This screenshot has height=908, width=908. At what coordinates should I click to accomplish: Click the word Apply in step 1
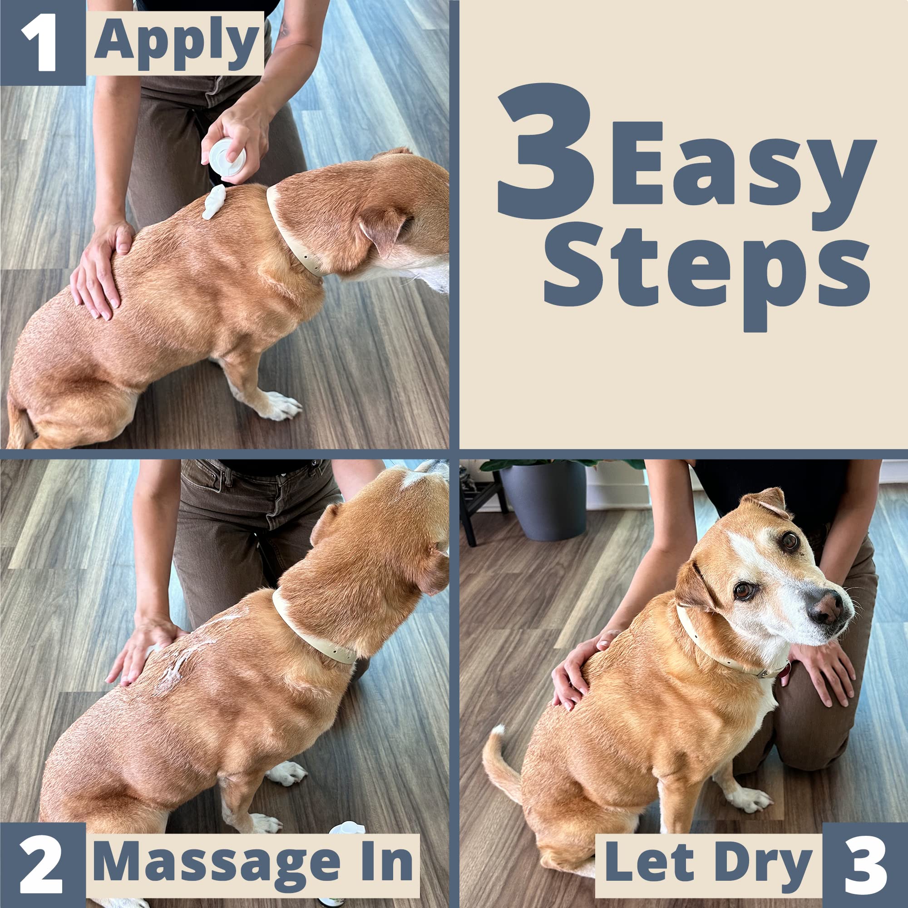tap(176, 43)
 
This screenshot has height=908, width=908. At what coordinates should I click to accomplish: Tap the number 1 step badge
tap(41, 43)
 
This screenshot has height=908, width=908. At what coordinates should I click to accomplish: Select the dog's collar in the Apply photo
tap(291, 235)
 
